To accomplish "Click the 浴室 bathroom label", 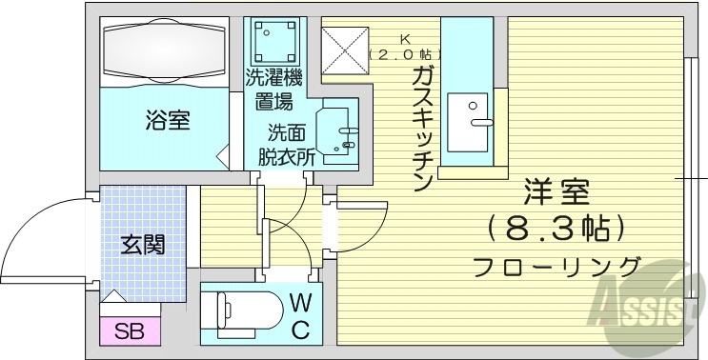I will coord(168,121).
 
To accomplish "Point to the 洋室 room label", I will coord(556,194).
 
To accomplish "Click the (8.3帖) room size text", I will coord(556,229).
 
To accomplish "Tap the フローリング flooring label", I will coord(556,266).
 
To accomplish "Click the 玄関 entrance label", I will coord(142,244).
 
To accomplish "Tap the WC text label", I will coord(299,317).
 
